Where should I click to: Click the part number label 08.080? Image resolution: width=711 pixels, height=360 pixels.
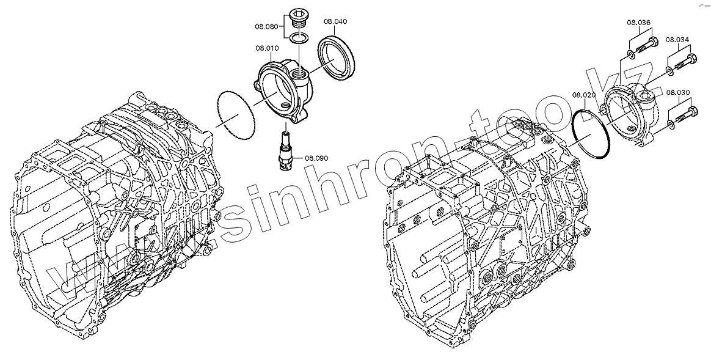[267, 26]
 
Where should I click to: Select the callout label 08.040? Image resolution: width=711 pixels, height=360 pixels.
[335, 21]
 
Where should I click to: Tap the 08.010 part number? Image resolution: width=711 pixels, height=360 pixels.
[267, 48]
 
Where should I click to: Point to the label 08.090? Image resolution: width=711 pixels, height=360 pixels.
[316, 158]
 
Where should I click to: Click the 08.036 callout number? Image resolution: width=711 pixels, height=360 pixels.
[638, 23]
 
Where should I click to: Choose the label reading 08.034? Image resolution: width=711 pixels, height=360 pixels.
[677, 40]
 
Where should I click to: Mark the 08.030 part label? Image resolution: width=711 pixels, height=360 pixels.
[678, 93]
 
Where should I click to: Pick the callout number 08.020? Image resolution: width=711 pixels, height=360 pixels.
[583, 95]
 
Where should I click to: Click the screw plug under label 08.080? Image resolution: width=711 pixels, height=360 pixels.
[299, 19]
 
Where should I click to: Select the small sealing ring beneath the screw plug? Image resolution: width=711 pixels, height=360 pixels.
[299, 40]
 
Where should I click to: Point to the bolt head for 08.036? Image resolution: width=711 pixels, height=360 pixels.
[652, 43]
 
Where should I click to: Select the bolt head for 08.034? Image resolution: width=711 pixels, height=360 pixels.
[693, 60]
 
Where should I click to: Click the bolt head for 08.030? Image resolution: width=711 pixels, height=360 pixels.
[693, 113]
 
